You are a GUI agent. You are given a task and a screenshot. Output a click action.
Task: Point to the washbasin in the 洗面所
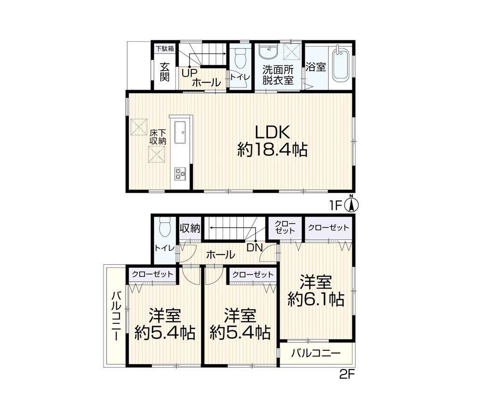(269, 52)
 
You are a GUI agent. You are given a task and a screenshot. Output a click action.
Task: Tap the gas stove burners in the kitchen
(180, 174)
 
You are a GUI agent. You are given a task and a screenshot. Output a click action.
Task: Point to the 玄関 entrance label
(164, 72)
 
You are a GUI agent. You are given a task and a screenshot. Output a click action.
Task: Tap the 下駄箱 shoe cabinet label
(164, 49)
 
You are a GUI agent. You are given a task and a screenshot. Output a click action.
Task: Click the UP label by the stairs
(189, 73)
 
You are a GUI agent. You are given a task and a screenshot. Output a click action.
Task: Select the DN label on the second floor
(255, 247)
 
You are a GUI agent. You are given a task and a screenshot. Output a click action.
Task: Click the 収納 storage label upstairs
(190, 228)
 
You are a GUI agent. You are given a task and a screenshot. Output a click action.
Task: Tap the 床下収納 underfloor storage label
(158, 137)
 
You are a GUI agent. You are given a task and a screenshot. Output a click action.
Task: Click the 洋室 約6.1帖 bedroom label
(316, 291)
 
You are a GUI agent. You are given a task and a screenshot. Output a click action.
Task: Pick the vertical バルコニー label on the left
(117, 315)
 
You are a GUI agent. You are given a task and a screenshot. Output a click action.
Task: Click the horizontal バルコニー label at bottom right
(316, 353)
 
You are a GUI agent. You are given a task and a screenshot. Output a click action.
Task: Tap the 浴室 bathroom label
(316, 67)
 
